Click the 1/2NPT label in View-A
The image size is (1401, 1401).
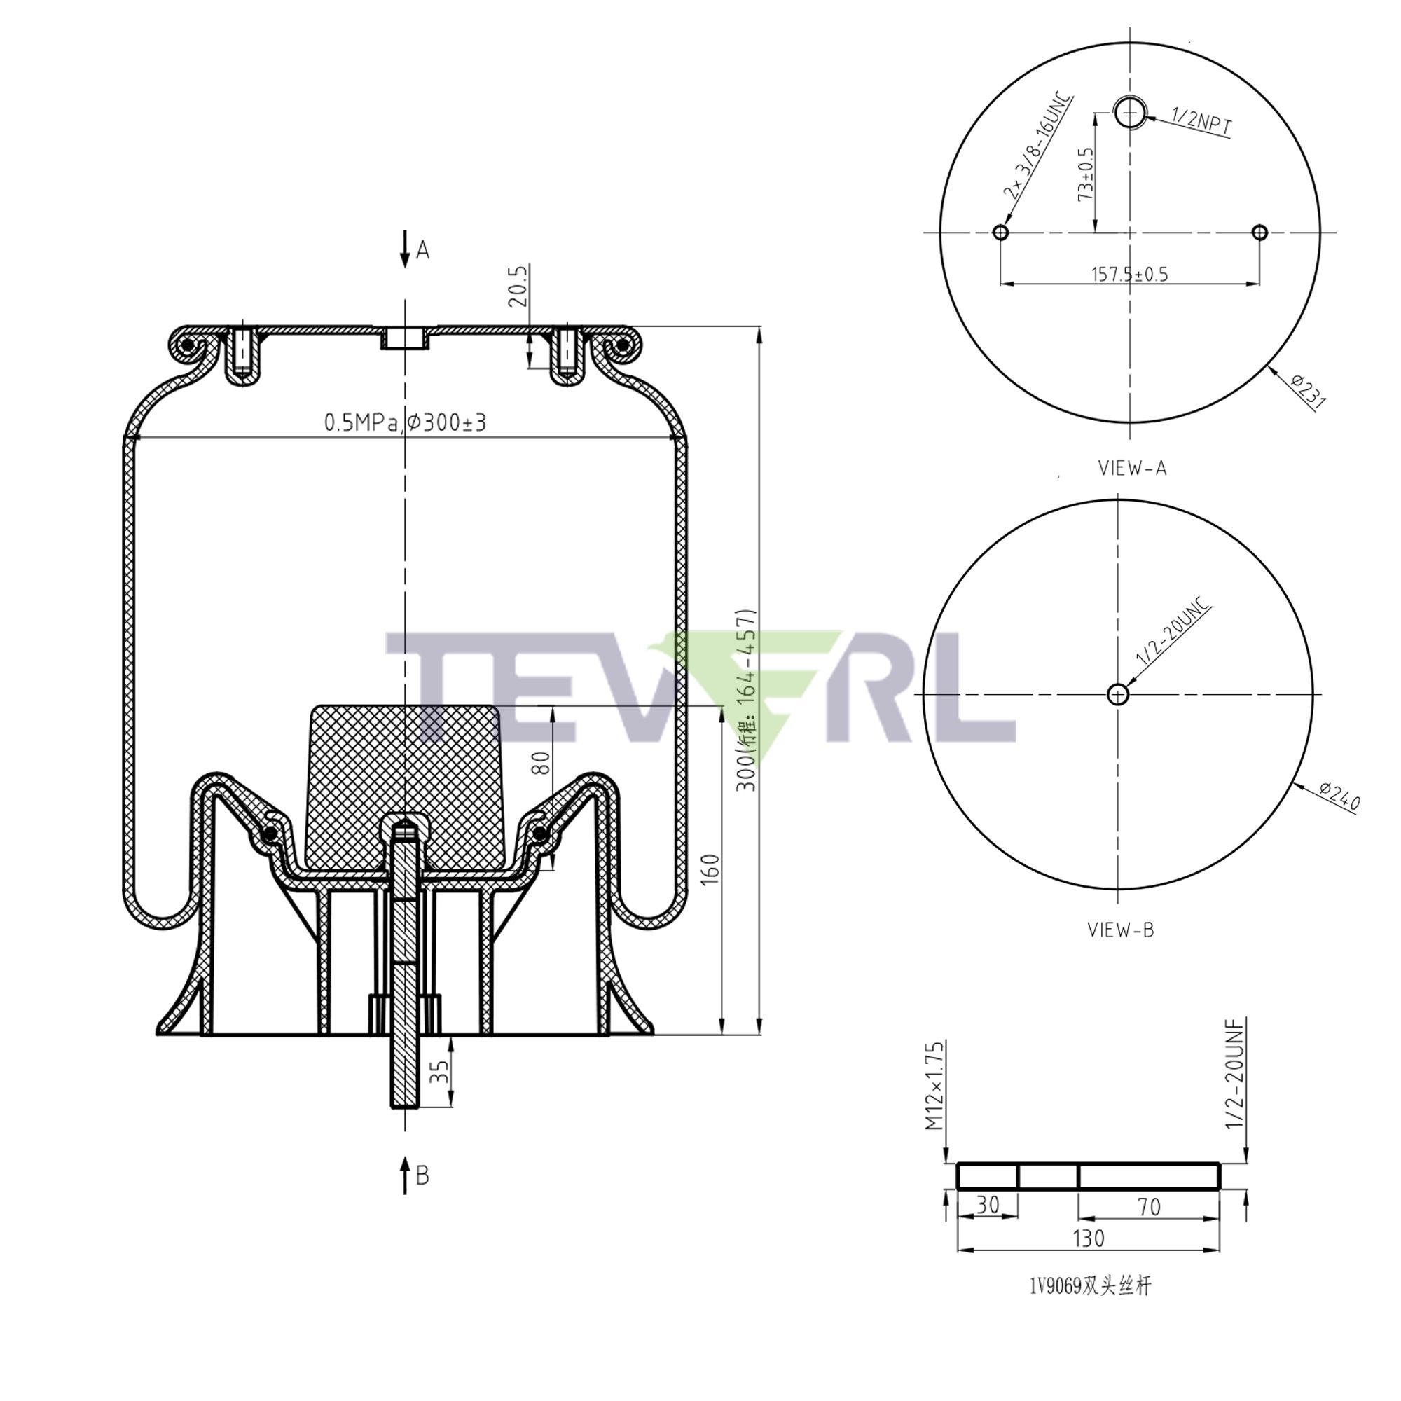1201,123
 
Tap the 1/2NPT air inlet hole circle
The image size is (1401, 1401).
1130,111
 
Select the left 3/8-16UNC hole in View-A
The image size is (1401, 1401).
1000,233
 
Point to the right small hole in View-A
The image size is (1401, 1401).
1259,233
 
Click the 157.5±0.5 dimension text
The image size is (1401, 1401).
1129,274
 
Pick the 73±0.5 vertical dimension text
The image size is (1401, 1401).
1086,174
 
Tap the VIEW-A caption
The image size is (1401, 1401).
1132,469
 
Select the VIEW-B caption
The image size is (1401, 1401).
1119,930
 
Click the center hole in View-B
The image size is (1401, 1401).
1118,695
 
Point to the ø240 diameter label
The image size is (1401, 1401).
1339,796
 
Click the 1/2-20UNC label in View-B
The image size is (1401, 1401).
1173,632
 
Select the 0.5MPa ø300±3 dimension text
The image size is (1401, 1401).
405,422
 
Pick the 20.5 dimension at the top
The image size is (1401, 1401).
519,286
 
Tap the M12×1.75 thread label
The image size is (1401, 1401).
934,1086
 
